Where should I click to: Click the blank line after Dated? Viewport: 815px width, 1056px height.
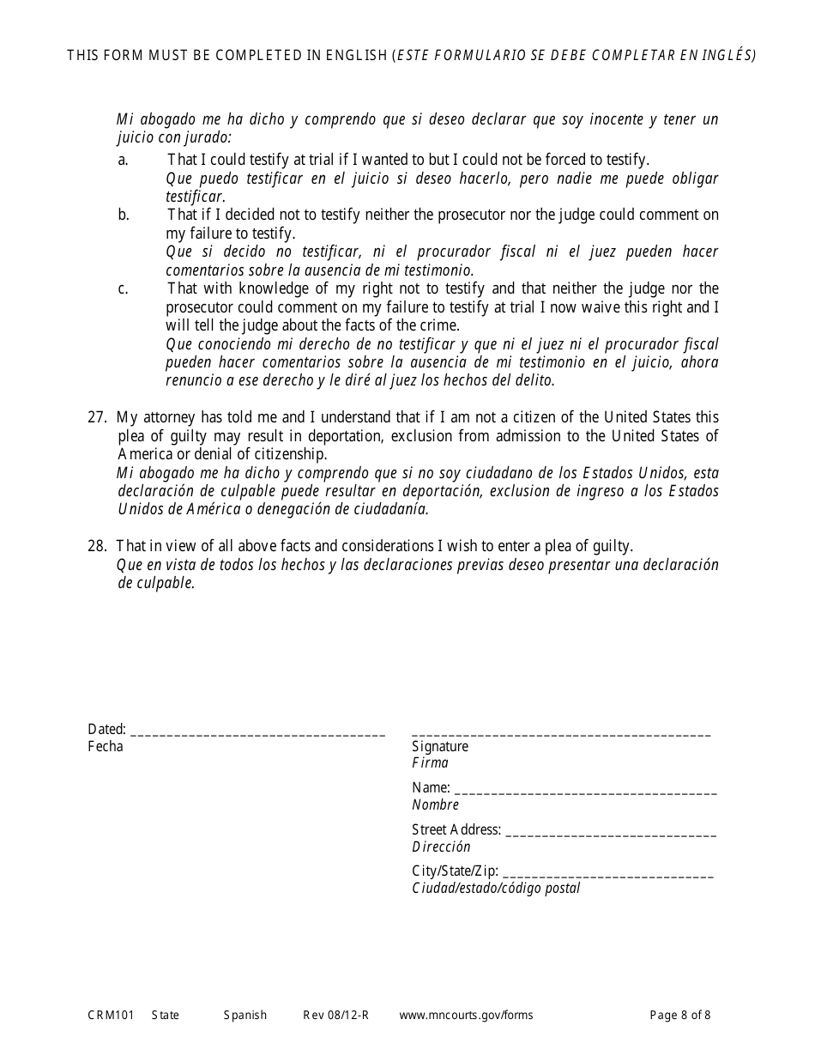(258, 734)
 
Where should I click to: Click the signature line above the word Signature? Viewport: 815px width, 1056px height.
(561, 734)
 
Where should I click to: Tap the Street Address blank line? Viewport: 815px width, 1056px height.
(611, 834)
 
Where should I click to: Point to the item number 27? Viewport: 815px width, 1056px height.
(97, 418)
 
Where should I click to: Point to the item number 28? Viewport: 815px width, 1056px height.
(97, 546)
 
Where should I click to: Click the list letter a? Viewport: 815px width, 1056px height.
(123, 160)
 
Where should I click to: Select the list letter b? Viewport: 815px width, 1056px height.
(124, 215)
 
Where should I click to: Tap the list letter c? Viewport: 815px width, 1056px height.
(123, 289)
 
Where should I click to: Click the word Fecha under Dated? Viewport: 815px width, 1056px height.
(106, 747)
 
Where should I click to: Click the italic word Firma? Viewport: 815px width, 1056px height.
(430, 763)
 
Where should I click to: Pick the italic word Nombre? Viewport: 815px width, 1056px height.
(435, 805)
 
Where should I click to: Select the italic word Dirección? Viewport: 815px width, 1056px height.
(441, 847)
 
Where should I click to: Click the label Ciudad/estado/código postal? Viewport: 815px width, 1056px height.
(496, 889)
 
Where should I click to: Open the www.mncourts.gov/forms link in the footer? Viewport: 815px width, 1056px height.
(466, 1016)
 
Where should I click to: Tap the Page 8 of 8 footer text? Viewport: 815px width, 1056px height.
(679, 1016)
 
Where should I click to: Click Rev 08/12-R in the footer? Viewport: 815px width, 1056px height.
(335, 1016)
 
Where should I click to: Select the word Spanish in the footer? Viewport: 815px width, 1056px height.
(245, 1016)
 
